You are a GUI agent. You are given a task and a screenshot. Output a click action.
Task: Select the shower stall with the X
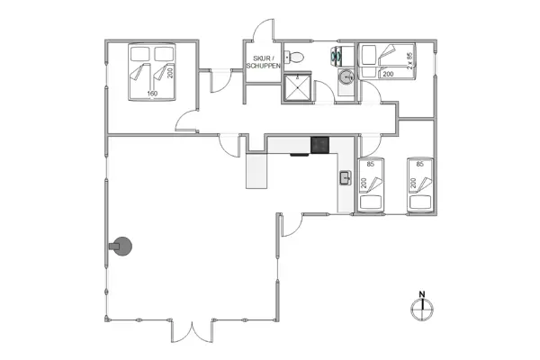(297, 88)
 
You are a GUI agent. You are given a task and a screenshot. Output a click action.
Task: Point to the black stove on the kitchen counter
(320, 145)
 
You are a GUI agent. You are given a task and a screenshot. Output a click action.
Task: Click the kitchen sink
(345, 177)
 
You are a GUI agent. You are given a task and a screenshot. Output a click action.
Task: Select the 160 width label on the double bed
(152, 93)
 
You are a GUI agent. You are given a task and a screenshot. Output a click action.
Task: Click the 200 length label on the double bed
(169, 72)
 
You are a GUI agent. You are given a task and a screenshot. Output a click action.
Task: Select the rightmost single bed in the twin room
(421, 185)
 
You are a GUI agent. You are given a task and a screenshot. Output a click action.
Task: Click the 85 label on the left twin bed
(371, 164)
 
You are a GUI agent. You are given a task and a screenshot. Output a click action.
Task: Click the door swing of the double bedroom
(187, 121)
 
